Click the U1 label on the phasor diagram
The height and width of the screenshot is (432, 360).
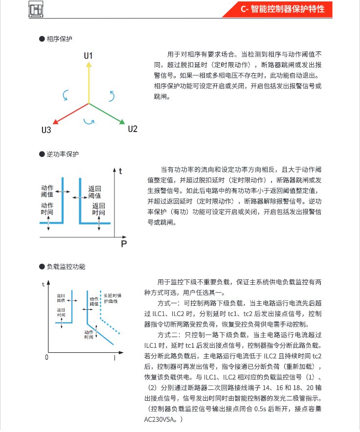(88, 56)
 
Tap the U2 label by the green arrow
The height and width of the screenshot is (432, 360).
(132, 129)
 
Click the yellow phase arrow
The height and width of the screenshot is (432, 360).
(89, 83)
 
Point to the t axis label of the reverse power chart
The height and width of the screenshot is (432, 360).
(120, 171)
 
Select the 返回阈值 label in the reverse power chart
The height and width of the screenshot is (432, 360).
(95, 192)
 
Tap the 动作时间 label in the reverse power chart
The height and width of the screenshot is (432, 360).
(47, 208)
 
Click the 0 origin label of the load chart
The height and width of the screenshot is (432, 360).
(47, 357)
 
